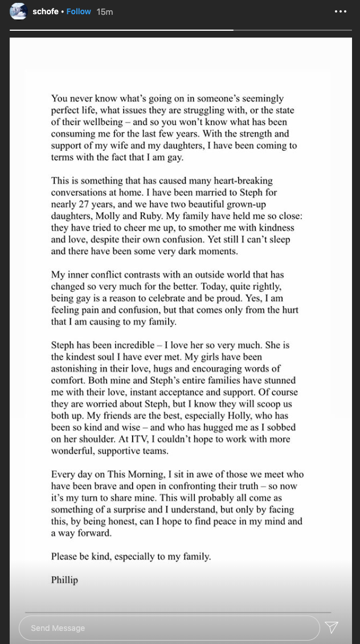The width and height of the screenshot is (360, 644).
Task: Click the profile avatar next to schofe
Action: tap(18, 11)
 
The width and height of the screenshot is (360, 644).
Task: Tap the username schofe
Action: tap(46, 11)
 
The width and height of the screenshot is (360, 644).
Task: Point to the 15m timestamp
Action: tap(105, 12)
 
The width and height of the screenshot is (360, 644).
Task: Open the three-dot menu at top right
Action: tap(341, 11)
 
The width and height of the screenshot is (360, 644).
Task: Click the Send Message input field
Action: tap(169, 628)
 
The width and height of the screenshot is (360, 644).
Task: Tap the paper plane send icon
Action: tap(332, 627)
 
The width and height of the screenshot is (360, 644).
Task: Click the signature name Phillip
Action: tap(64, 580)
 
